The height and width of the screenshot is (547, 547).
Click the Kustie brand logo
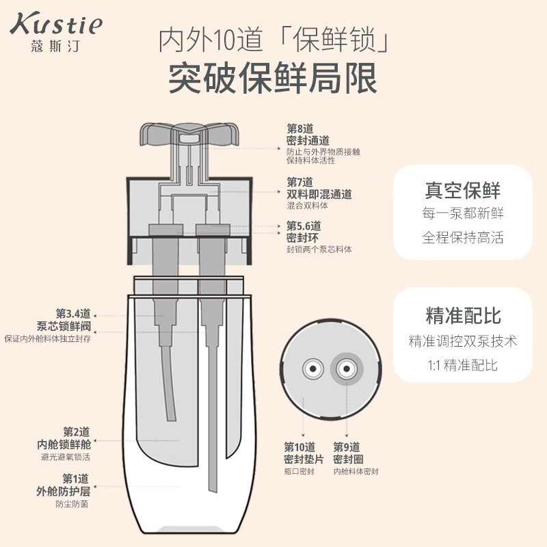56,25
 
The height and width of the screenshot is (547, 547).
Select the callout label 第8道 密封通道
309,135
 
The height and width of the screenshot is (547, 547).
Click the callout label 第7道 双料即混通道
319,188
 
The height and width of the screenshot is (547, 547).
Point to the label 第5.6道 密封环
304,231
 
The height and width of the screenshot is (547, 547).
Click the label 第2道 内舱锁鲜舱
67,438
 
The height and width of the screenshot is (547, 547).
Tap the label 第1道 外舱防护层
67,485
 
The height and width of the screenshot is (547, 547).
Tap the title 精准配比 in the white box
463,315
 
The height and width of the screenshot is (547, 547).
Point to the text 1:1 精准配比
463,364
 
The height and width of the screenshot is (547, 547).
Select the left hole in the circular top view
312,369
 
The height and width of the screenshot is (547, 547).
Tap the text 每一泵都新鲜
463,213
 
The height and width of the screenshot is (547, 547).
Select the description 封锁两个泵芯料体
319,250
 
